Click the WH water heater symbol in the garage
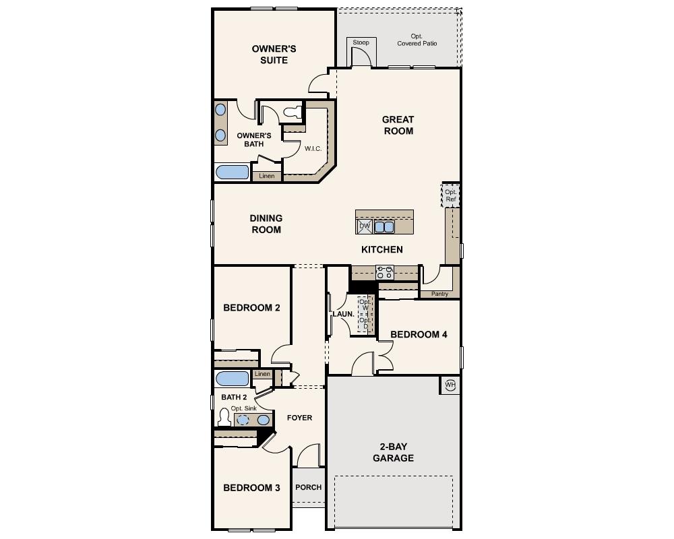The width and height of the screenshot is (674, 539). point(450,385)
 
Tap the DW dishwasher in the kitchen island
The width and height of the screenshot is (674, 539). point(365,227)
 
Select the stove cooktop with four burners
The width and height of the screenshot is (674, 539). point(385,272)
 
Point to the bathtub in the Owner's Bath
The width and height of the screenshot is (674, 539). point(233,171)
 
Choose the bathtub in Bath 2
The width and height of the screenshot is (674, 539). point(233,379)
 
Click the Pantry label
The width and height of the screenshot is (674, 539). point(439,294)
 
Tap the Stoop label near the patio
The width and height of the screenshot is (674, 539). point(361,43)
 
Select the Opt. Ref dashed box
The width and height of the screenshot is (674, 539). point(451,195)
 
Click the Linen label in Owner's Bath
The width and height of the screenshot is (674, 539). point(267,176)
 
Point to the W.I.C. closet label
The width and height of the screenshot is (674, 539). point(312,148)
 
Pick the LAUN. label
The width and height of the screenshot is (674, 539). point(343,314)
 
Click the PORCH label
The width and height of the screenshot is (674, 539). point(309,487)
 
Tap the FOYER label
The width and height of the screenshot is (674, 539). point(299,418)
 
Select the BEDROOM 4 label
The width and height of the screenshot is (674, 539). point(419,334)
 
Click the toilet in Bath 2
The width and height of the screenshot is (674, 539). point(224,418)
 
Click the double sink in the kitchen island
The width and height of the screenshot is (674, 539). point(384,227)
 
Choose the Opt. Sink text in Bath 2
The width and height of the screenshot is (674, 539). point(244,408)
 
